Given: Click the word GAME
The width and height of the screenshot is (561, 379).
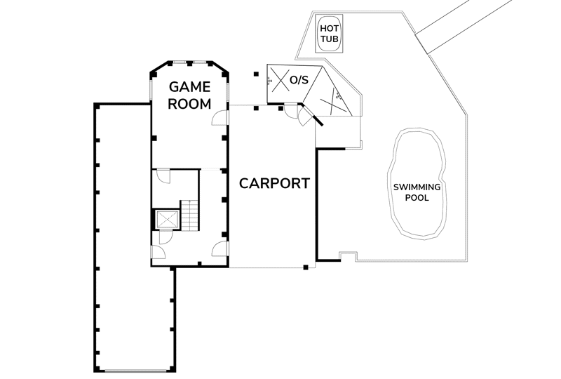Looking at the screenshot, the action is [x=189, y=87].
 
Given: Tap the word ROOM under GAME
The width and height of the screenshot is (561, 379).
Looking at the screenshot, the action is [x=189, y=105].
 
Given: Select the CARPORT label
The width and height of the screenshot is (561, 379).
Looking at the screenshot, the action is [x=274, y=183].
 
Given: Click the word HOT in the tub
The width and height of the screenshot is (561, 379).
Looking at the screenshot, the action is [x=329, y=28].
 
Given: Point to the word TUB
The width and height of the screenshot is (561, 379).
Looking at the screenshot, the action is [x=329, y=39].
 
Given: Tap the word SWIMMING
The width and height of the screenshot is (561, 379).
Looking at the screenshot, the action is [x=417, y=187].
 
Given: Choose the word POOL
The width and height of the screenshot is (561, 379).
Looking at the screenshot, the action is [x=417, y=198].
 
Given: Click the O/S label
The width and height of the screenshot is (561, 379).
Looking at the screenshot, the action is [x=299, y=80].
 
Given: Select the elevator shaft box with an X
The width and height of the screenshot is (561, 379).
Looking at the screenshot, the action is [x=168, y=219].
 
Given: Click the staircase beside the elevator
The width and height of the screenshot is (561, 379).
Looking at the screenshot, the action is [x=189, y=215].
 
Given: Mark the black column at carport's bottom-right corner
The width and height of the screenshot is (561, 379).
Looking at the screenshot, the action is [x=306, y=267].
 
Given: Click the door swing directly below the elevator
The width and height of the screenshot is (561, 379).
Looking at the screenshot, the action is [x=165, y=237].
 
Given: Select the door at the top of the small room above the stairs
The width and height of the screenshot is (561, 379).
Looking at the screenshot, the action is [x=164, y=176].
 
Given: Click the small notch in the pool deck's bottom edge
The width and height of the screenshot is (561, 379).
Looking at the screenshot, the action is [x=348, y=256].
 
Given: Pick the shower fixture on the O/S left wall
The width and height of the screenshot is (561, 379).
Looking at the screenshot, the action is [x=269, y=81].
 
